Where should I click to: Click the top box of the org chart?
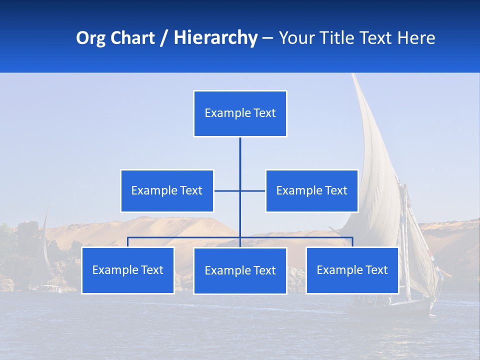(x=240, y=113)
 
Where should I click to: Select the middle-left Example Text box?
(x=167, y=190)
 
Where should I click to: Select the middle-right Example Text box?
(x=311, y=190)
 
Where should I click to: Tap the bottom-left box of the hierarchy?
(x=127, y=270)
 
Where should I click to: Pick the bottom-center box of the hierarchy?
(x=240, y=270)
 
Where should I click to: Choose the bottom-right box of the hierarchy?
(x=352, y=270)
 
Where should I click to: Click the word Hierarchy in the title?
(x=215, y=38)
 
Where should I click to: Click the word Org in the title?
(x=91, y=38)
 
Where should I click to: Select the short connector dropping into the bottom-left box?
(x=127, y=242)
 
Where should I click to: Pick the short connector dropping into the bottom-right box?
(x=352, y=242)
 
